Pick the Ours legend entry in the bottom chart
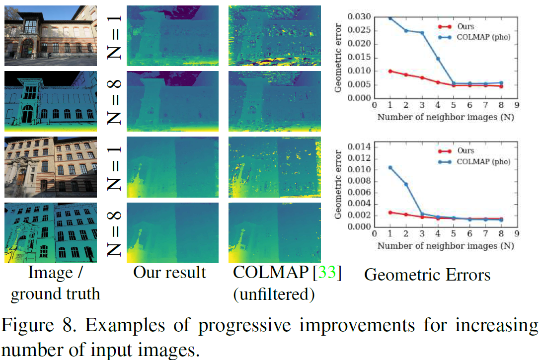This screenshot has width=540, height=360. point(465,150)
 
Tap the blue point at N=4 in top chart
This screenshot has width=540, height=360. point(438,59)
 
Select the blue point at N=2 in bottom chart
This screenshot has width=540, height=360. point(405,184)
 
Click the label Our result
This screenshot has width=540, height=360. point(169,273)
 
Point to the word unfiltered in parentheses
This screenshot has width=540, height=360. point(274,294)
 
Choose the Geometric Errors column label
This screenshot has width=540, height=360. point(427,275)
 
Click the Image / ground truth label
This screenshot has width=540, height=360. point(55,283)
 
